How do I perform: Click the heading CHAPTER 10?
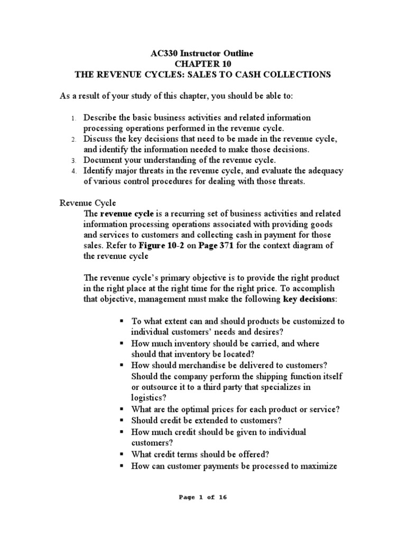pyautogui.click(x=204, y=64)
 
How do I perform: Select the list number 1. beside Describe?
pyautogui.click(x=75, y=118)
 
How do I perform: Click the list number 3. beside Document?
pyautogui.click(x=75, y=160)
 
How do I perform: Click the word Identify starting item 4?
pyautogui.click(x=99, y=170)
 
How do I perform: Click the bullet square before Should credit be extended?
pyautogui.click(x=122, y=421)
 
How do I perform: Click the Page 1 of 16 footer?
pyautogui.click(x=203, y=497)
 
